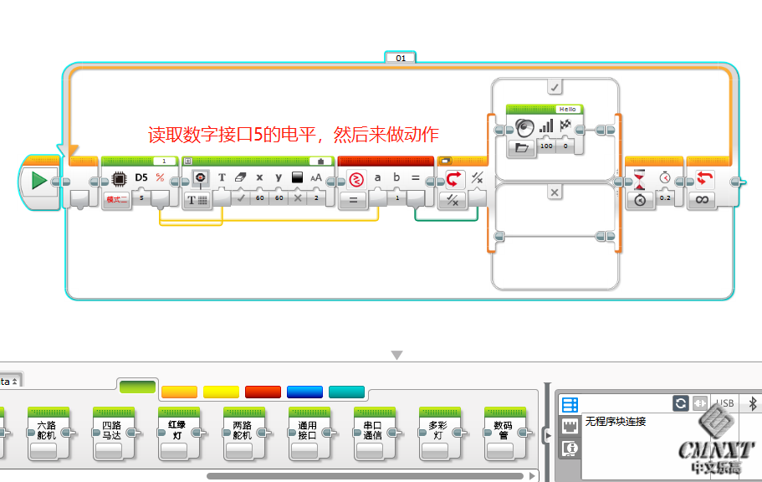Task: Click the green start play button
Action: [x=38, y=181]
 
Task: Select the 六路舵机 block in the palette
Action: [x=45, y=431]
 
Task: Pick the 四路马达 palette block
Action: [x=111, y=431]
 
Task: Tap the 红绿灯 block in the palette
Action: [x=176, y=431]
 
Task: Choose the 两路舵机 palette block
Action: [x=242, y=431]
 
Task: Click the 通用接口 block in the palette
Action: [x=307, y=431]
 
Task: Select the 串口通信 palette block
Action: [x=372, y=431]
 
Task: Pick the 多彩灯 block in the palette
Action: [x=437, y=431]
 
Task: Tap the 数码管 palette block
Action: [x=503, y=431]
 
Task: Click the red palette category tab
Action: [x=263, y=392]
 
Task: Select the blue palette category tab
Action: [x=304, y=392]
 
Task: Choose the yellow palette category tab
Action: [x=221, y=392]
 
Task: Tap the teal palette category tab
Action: [x=346, y=392]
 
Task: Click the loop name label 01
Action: [x=401, y=58]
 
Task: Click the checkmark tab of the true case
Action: [x=555, y=86]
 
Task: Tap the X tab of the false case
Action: [x=555, y=192]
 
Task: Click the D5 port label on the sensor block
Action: [x=141, y=177]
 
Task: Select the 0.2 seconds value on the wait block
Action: [x=665, y=199]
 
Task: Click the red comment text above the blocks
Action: [x=293, y=135]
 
